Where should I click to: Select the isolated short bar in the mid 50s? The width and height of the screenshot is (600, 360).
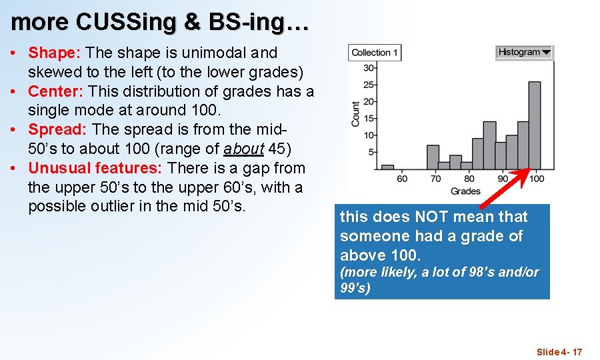click(387, 167)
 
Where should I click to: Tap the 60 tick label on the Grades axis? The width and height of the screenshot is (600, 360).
click(402, 179)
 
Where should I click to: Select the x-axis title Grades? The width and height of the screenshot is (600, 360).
click(465, 191)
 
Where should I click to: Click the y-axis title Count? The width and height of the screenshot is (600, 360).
click(355, 114)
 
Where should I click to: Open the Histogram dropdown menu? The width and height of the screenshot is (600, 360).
click(525, 52)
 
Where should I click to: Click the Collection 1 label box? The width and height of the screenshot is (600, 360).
click(375, 53)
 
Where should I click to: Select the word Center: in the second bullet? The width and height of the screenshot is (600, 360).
click(56, 91)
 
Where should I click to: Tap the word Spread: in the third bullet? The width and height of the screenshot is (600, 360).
click(57, 129)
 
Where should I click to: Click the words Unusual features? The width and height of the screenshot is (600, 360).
click(96, 168)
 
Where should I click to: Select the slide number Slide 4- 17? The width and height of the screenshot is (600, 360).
click(559, 352)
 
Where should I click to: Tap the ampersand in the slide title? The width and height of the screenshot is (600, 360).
click(191, 22)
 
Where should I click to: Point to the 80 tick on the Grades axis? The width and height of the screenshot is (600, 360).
click(469, 179)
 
